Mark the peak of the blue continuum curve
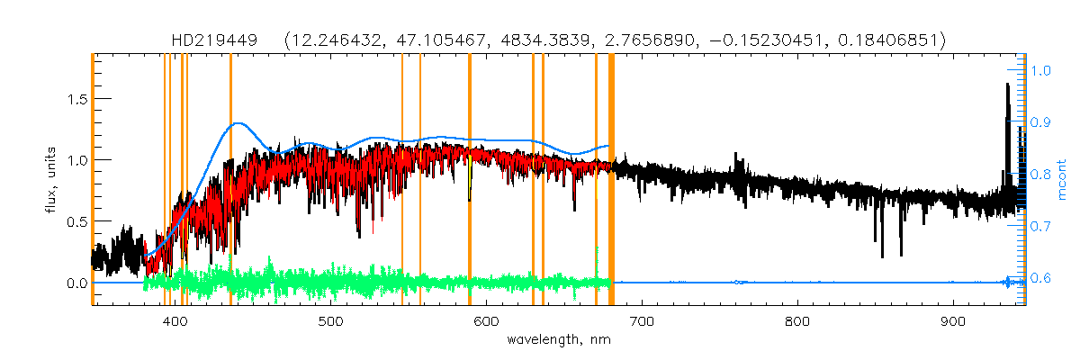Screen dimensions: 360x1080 coord(238,123)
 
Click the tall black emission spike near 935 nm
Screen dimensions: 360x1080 coord(1007,85)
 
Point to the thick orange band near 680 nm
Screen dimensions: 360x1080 coord(612,180)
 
